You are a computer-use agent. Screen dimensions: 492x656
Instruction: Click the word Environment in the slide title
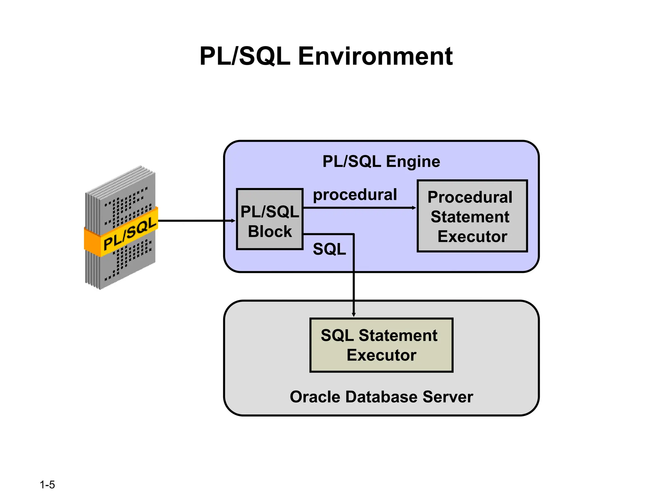click(x=375, y=56)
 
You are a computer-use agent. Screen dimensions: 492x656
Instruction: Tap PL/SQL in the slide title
click(x=245, y=56)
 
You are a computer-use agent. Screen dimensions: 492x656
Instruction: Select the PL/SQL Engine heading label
click(x=381, y=161)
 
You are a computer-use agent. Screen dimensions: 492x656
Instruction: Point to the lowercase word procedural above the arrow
click(x=355, y=194)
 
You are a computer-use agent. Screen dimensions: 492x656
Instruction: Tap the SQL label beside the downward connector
click(x=329, y=249)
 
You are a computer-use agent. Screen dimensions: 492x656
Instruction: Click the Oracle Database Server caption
click(x=381, y=397)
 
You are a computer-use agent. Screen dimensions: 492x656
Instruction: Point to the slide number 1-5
click(x=47, y=484)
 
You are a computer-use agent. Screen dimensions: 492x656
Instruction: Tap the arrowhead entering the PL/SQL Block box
click(x=233, y=221)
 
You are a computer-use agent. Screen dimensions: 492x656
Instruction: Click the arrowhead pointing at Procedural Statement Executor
click(x=414, y=208)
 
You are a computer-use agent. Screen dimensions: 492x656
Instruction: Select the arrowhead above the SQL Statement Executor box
click(x=354, y=315)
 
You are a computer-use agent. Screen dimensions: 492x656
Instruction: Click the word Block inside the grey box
click(x=270, y=231)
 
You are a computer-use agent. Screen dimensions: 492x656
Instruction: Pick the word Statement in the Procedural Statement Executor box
click(x=470, y=217)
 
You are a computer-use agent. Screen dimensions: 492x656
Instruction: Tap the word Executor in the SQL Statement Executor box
click(x=381, y=355)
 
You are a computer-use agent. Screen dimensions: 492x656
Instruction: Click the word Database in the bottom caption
click(x=381, y=397)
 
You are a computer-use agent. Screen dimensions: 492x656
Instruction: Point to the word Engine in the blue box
click(x=413, y=161)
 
